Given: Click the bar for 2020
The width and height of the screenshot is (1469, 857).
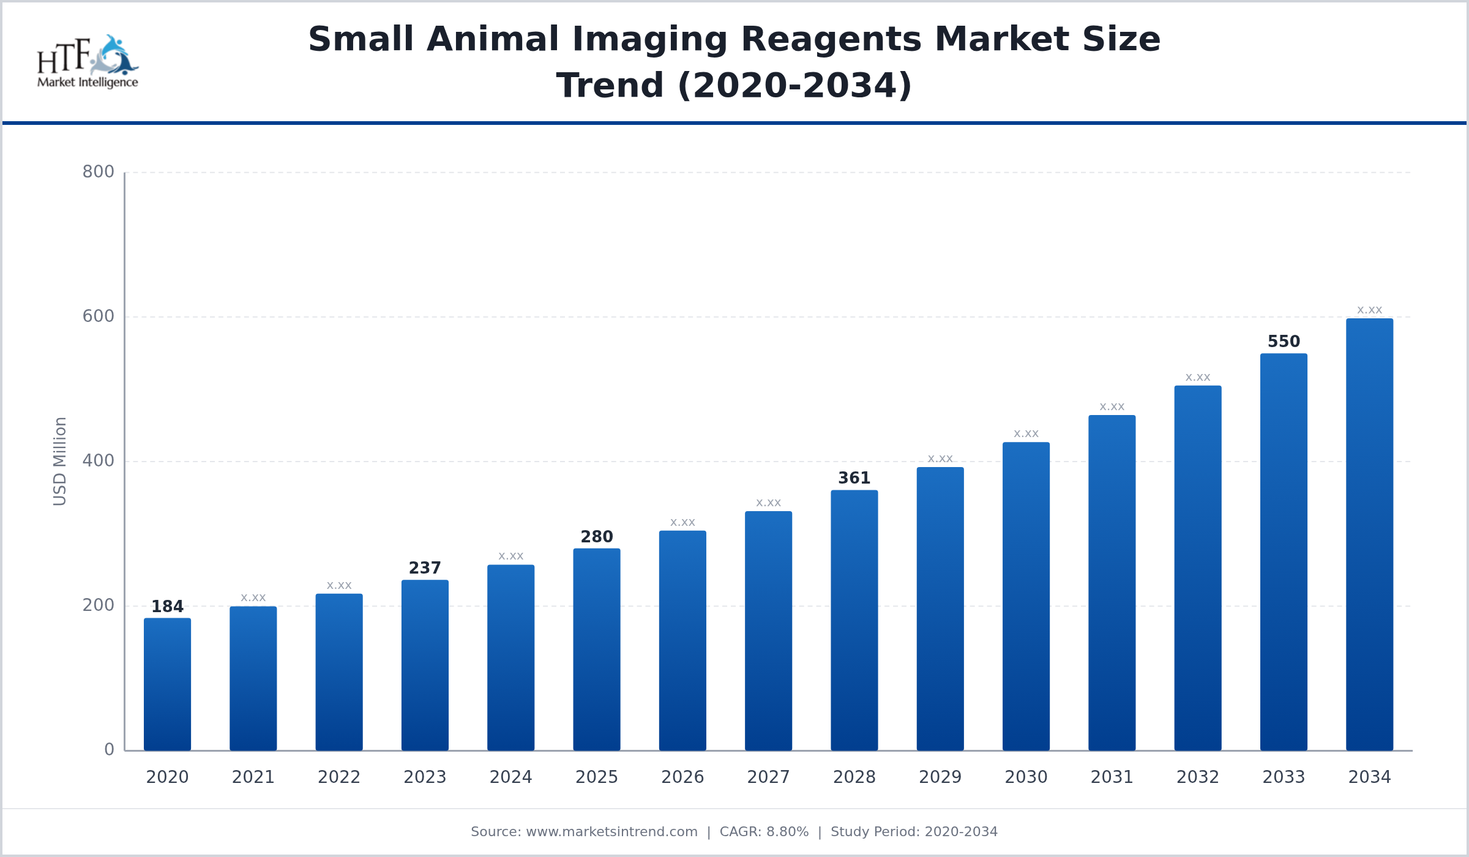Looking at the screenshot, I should tap(167, 684).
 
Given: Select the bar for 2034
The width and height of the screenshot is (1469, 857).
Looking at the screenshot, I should tap(1369, 534).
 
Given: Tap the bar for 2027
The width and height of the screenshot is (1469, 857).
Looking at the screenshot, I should tap(768, 631).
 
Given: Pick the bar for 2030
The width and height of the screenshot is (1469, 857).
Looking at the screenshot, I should tap(1026, 596).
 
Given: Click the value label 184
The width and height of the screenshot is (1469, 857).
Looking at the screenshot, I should tap(167, 607).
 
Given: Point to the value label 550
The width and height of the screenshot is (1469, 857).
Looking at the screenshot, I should tap(1284, 342).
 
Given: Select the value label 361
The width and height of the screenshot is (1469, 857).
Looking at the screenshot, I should tap(854, 478).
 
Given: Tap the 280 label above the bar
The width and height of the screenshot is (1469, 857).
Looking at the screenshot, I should tap(597, 537).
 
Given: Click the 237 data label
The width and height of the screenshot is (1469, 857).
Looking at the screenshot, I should tap(425, 568).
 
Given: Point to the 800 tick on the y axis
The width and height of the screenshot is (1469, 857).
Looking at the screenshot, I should tap(99, 172).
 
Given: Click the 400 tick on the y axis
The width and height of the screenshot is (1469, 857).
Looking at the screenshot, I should tap(99, 461).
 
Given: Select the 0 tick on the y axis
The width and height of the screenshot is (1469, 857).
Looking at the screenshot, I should tap(109, 750).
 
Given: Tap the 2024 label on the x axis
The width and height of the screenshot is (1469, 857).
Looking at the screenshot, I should tap(510, 777).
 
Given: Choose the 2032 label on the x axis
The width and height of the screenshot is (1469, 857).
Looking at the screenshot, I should tap(1198, 777).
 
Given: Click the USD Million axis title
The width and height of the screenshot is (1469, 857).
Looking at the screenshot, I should tap(60, 462).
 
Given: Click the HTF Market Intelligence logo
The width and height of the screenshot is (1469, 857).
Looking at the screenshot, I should tap(88, 62).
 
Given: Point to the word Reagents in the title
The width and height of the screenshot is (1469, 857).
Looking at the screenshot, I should tap(831, 40).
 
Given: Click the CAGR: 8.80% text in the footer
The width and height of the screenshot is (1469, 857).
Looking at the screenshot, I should tap(764, 832).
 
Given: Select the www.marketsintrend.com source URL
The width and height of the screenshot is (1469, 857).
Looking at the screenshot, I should tap(611, 832).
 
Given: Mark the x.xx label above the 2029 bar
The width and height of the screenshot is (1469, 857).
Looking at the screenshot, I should tap(940, 459).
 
